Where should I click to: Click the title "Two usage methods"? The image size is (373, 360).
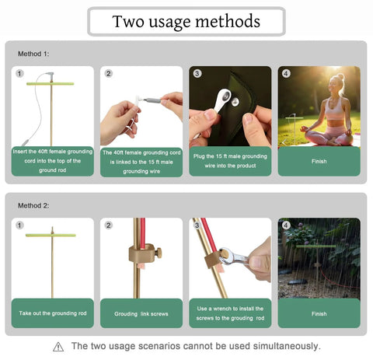pos(186,21)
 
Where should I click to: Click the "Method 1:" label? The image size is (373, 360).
pos(33,54)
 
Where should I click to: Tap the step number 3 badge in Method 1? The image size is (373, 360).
pos(197,74)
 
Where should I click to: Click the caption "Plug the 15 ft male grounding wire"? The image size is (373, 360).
pos(230,161)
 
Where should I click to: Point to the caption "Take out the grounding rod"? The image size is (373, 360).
pos(52,313)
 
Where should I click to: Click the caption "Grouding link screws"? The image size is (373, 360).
pos(141,313)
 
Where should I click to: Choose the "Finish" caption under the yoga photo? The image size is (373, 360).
pos(319,161)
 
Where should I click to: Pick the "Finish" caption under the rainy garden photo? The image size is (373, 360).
pos(319,313)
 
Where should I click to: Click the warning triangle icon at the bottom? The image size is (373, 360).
pos(58,347)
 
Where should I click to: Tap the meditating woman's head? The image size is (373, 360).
pos(338,82)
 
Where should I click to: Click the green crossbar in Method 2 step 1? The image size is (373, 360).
pos(52,234)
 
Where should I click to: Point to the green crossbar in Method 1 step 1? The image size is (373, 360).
pos(51,84)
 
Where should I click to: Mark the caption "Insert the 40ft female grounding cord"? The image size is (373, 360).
pos(52,160)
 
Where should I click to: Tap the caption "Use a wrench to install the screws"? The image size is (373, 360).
pos(230,313)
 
